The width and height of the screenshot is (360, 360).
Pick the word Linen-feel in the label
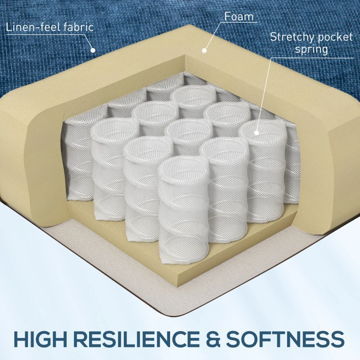click(x=32, y=27)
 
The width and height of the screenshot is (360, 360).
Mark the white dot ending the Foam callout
click(x=203, y=51)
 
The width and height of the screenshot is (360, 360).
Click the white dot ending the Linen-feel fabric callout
click(x=93, y=50)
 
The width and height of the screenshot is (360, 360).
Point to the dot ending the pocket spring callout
click(x=257, y=132)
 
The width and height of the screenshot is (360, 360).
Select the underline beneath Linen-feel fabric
click(x=49, y=34)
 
